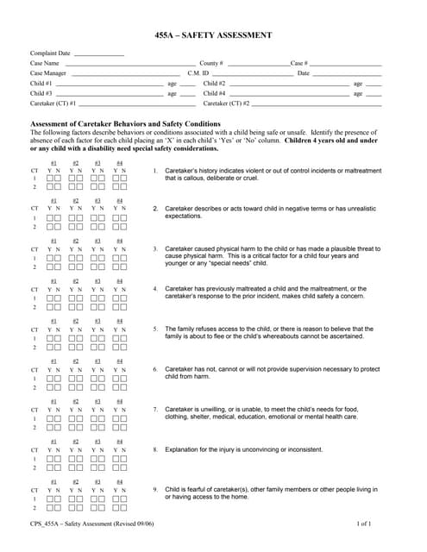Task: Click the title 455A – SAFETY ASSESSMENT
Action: [213, 35]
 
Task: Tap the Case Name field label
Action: [45, 63]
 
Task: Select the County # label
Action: [211, 63]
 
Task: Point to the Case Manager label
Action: [48, 73]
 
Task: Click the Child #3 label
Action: [41, 93]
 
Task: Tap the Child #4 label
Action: [215, 93]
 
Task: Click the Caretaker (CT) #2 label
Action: [226, 103]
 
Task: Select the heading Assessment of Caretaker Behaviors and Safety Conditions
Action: [125, 123]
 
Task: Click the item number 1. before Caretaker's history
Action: [155, 171]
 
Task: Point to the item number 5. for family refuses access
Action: [155, 329]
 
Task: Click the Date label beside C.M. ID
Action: [303, 73]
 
